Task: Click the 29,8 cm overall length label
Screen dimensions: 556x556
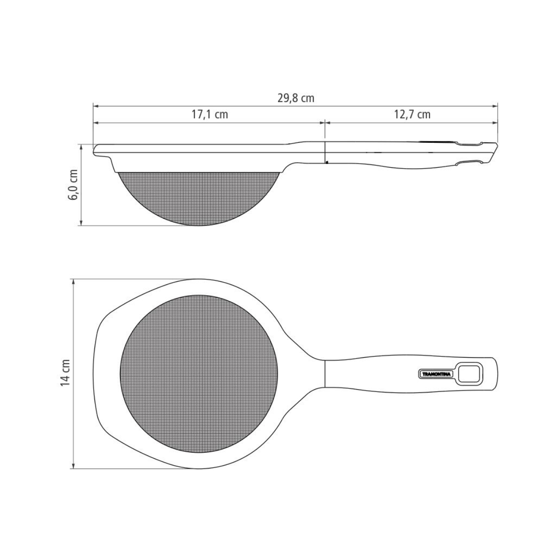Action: (295, 98)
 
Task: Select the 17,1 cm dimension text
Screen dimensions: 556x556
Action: (210, 114)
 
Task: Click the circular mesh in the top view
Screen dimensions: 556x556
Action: (199, 374)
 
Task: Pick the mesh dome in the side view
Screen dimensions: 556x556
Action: (199, 197)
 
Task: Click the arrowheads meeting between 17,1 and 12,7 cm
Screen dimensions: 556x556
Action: (324, 122)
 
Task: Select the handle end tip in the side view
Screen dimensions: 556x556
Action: (495, 153)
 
